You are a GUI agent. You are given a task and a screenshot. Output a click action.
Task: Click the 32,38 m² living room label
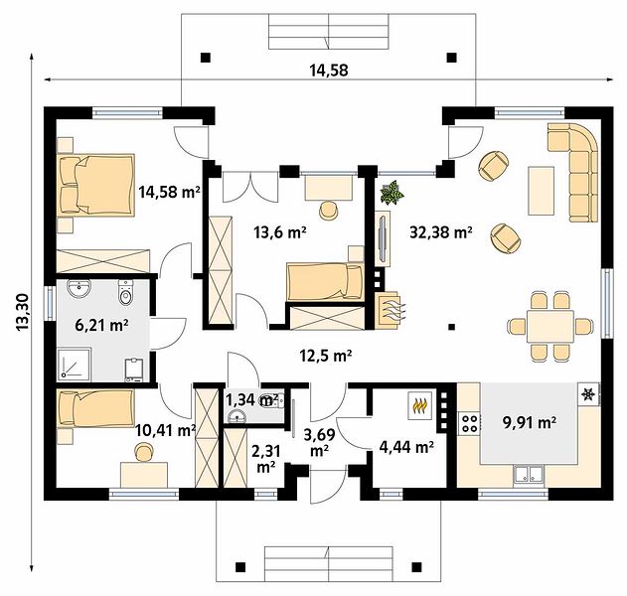(441, 231)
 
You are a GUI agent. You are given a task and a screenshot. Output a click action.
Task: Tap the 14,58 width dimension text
(329, 71)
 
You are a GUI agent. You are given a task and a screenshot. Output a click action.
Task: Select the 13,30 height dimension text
(24, 312)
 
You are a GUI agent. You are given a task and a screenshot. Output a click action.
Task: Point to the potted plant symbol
(392, 193)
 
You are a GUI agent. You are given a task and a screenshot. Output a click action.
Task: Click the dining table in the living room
(550, 326)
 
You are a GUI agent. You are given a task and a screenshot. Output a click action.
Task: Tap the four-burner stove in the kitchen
(469, 423)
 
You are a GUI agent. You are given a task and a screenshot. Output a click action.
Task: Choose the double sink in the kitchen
(529, 474)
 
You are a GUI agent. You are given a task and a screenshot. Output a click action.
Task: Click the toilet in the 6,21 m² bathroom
(125, 292)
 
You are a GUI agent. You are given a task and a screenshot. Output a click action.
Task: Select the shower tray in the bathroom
(75, 364)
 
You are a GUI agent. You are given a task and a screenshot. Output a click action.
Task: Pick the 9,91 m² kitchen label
(530, 422)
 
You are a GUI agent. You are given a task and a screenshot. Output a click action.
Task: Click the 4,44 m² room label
(406, 447)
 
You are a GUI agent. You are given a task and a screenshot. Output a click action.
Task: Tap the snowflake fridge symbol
(588, 394)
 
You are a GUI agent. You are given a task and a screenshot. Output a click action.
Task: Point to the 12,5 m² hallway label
(326, 355)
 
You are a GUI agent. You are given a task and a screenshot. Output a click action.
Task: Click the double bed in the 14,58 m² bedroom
(96, 185)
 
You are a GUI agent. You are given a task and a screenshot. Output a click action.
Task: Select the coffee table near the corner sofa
(541, 191)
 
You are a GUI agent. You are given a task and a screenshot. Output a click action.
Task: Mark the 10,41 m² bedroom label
(165, 430)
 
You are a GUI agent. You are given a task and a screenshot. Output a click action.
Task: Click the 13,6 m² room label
(280, 231)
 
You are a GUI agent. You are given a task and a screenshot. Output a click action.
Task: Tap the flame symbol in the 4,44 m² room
(419, 405)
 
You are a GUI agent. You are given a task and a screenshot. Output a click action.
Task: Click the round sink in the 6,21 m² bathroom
(79, 288)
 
